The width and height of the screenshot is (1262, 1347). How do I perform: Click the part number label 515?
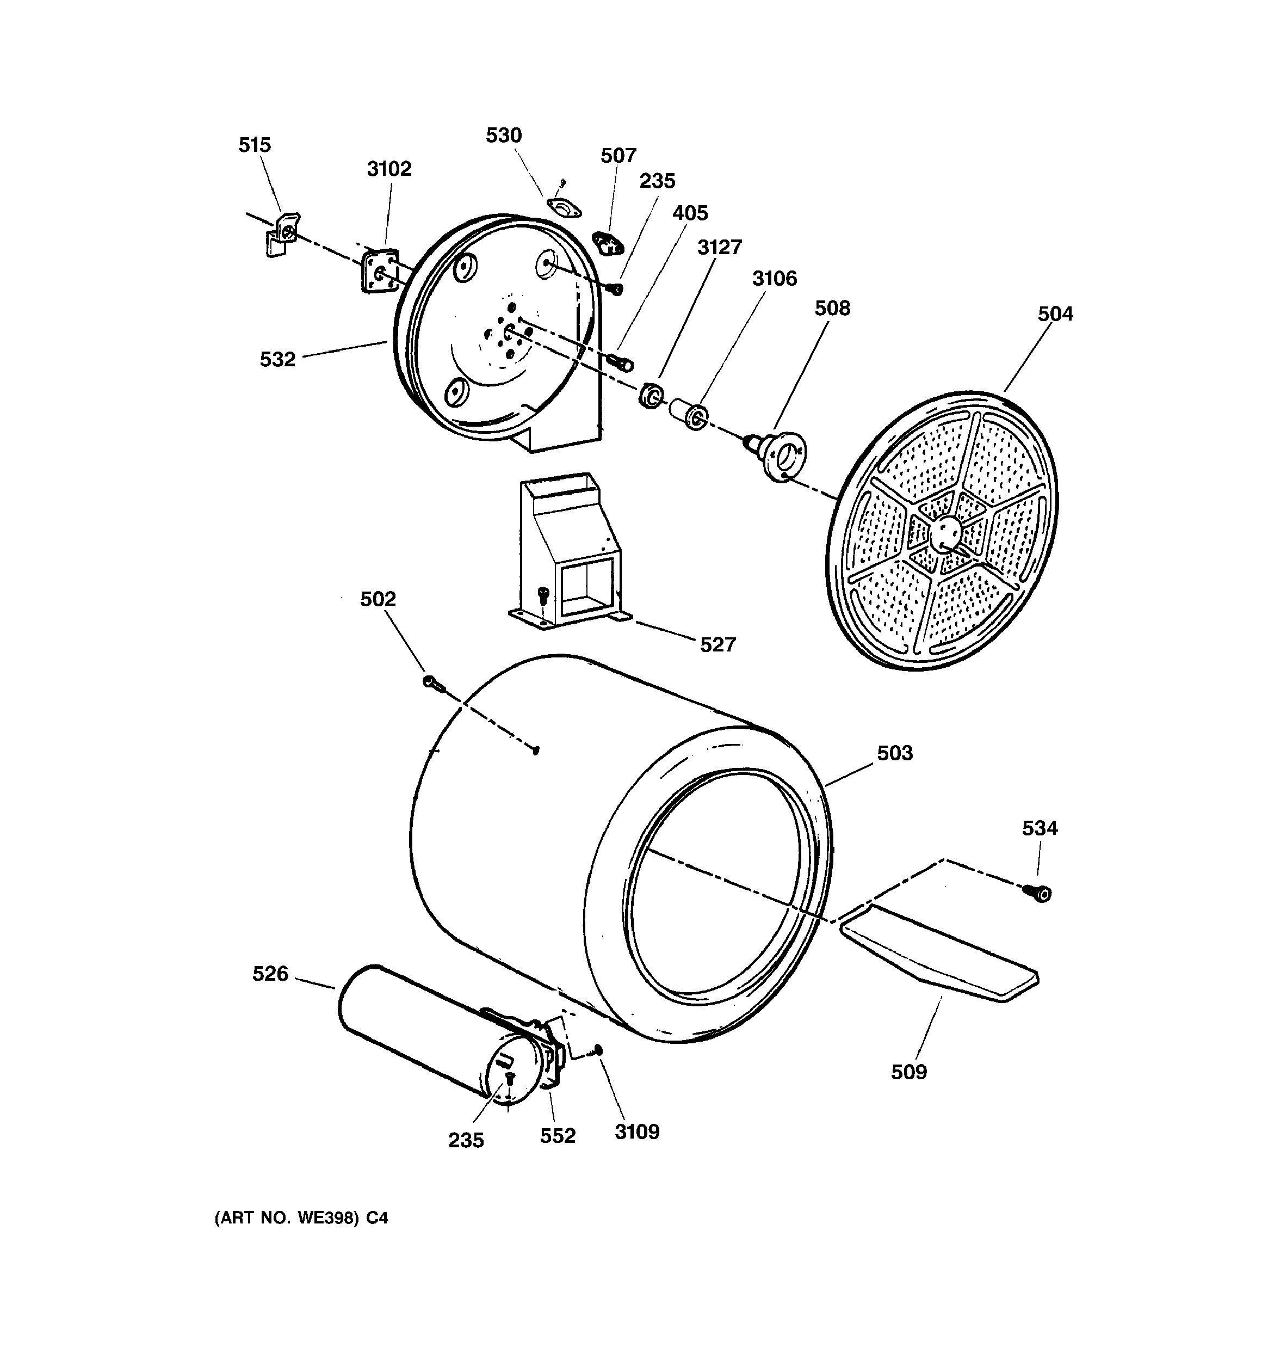click(254, 145)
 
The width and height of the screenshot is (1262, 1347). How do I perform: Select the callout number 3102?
click(389, 169)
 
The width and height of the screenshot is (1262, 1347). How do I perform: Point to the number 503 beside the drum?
click(894, 753)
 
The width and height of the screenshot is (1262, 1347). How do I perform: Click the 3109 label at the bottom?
click(637, 1131)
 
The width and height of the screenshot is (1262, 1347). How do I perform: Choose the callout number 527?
click(717, 644)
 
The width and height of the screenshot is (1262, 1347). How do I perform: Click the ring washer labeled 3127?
click(652, 396)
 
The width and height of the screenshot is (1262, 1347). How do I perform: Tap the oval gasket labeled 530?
click(564, 208)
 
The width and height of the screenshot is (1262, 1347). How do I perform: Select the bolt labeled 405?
click(621, 362)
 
